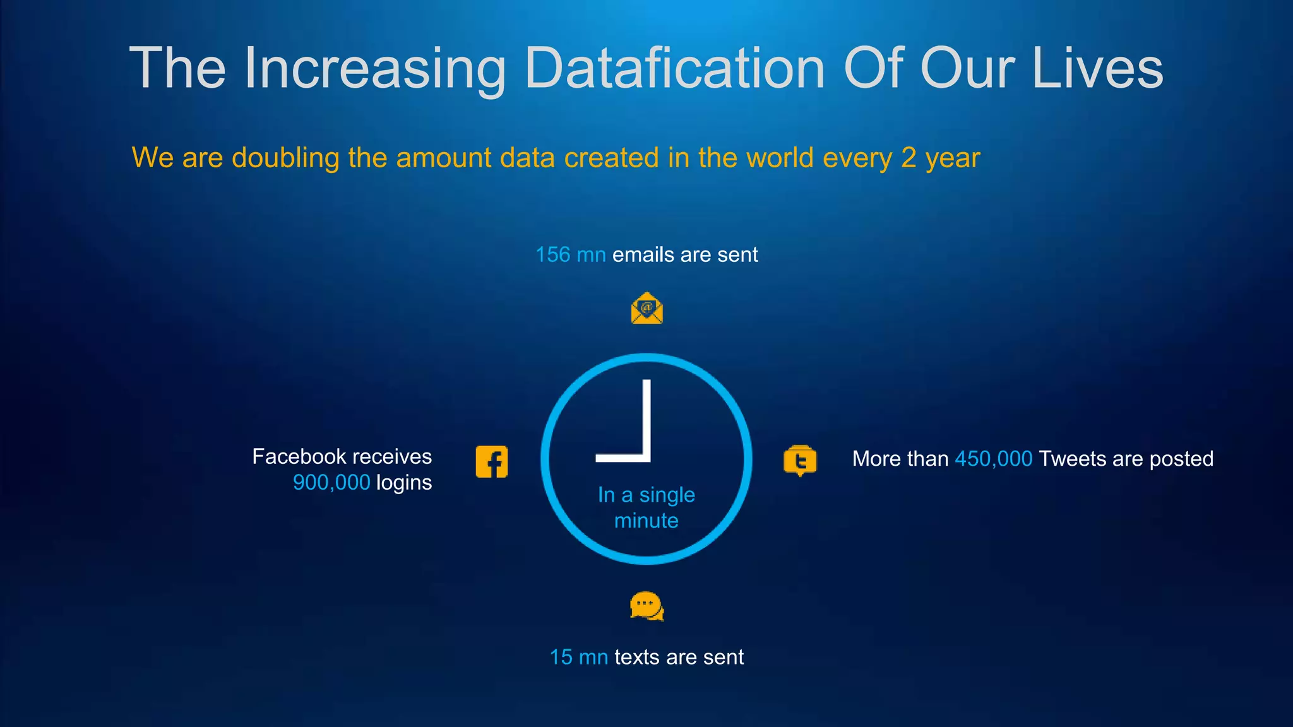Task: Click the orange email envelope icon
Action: pos(646,309)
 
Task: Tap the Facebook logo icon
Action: pos(492,462)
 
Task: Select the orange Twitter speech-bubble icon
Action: pos(800,461)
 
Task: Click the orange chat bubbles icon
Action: pos(646,606)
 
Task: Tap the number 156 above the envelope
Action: pos(552,255)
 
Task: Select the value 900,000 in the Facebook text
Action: pos(331,483)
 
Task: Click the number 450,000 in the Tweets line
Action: pos(993,459)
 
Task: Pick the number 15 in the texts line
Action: pos(561,658)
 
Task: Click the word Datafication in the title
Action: pos(674,68)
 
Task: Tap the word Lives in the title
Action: pos(1097,68)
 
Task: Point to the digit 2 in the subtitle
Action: pos(909,158)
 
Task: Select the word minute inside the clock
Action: pos(646,521)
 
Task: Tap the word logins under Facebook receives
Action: pos(404,483)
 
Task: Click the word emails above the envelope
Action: pos(643,255)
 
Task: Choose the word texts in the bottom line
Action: pos(637,658)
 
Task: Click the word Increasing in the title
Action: pos(375,68)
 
